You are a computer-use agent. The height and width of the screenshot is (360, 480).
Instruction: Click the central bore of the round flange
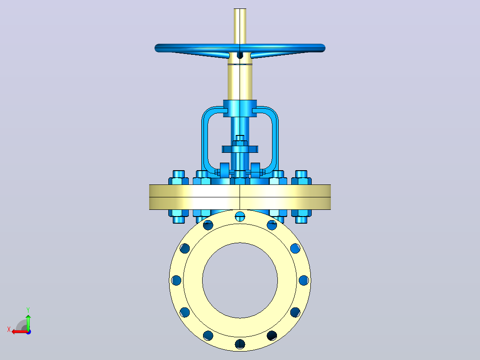pos(240,280)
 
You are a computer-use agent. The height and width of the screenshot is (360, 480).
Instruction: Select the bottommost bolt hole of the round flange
pos(240,344)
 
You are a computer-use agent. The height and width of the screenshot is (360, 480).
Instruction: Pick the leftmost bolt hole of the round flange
pos(176,280)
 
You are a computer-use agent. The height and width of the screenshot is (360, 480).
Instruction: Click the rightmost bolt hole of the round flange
pos(304,280)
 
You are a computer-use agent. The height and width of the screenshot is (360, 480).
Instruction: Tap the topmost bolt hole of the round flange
pos(240,217)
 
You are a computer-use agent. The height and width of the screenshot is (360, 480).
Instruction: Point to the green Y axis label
pos(28,310)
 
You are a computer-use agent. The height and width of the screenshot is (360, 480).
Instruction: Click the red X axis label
pos(9,330)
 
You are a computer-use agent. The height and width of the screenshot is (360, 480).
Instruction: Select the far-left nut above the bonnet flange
pos(179,178)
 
